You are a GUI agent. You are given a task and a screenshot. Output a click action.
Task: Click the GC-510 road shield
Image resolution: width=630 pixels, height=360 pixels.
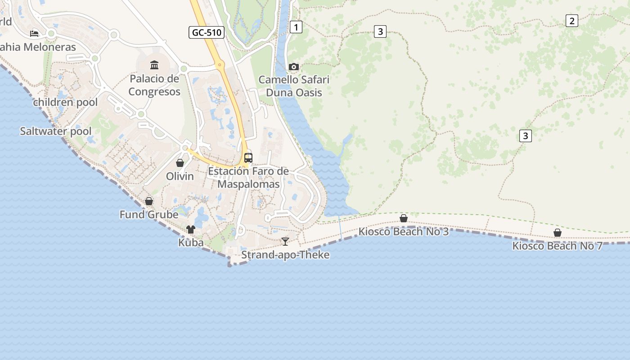pos(207,32)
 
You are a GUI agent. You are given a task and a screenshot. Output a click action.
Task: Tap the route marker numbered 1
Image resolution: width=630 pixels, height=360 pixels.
pos(296,27)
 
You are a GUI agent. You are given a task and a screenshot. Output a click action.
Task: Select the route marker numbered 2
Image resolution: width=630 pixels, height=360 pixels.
pos(571,21)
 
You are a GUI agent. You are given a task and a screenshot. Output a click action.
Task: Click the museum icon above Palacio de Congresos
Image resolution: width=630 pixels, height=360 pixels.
pos(154,65)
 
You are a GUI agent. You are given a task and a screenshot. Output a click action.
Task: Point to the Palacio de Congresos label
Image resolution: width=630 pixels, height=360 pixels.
pos(154,85)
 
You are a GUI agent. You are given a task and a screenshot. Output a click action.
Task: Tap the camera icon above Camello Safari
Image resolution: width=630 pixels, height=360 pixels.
pos(294,67)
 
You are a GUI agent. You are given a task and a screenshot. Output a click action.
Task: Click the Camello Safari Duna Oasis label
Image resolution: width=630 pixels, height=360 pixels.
pos(294,86)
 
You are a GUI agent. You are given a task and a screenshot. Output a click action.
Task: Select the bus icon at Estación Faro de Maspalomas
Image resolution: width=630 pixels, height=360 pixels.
pos(248,157)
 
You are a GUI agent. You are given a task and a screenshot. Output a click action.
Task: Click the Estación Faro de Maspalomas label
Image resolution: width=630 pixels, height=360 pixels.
pos(248,178)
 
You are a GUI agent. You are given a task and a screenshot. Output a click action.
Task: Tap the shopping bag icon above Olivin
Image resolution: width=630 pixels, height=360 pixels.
pos(180,163)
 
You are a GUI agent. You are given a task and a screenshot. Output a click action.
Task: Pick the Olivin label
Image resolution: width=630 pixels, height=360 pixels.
pos(180,176)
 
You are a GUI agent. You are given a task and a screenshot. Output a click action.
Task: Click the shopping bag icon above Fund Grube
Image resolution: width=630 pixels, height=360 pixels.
pos(149,201)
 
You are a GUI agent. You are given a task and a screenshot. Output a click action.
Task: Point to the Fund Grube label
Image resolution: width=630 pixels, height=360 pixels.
pos(149,215)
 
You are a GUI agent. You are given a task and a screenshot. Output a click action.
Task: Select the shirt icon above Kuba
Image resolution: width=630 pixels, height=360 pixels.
pos(191,229)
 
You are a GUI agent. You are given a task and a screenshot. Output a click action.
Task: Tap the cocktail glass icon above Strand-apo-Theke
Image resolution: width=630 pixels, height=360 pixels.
pos(285,242)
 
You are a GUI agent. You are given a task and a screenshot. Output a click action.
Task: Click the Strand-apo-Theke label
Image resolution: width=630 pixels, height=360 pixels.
pos(285,255)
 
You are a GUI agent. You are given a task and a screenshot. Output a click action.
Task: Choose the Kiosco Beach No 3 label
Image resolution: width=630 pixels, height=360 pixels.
pos(404,232)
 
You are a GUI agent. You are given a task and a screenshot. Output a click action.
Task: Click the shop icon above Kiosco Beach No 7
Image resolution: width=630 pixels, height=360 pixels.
pos(558,233)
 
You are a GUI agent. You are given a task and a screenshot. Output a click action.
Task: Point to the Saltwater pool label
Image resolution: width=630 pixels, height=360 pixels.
pos(56,131)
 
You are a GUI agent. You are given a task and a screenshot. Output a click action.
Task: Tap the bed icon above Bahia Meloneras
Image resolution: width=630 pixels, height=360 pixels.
pos(34,33)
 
